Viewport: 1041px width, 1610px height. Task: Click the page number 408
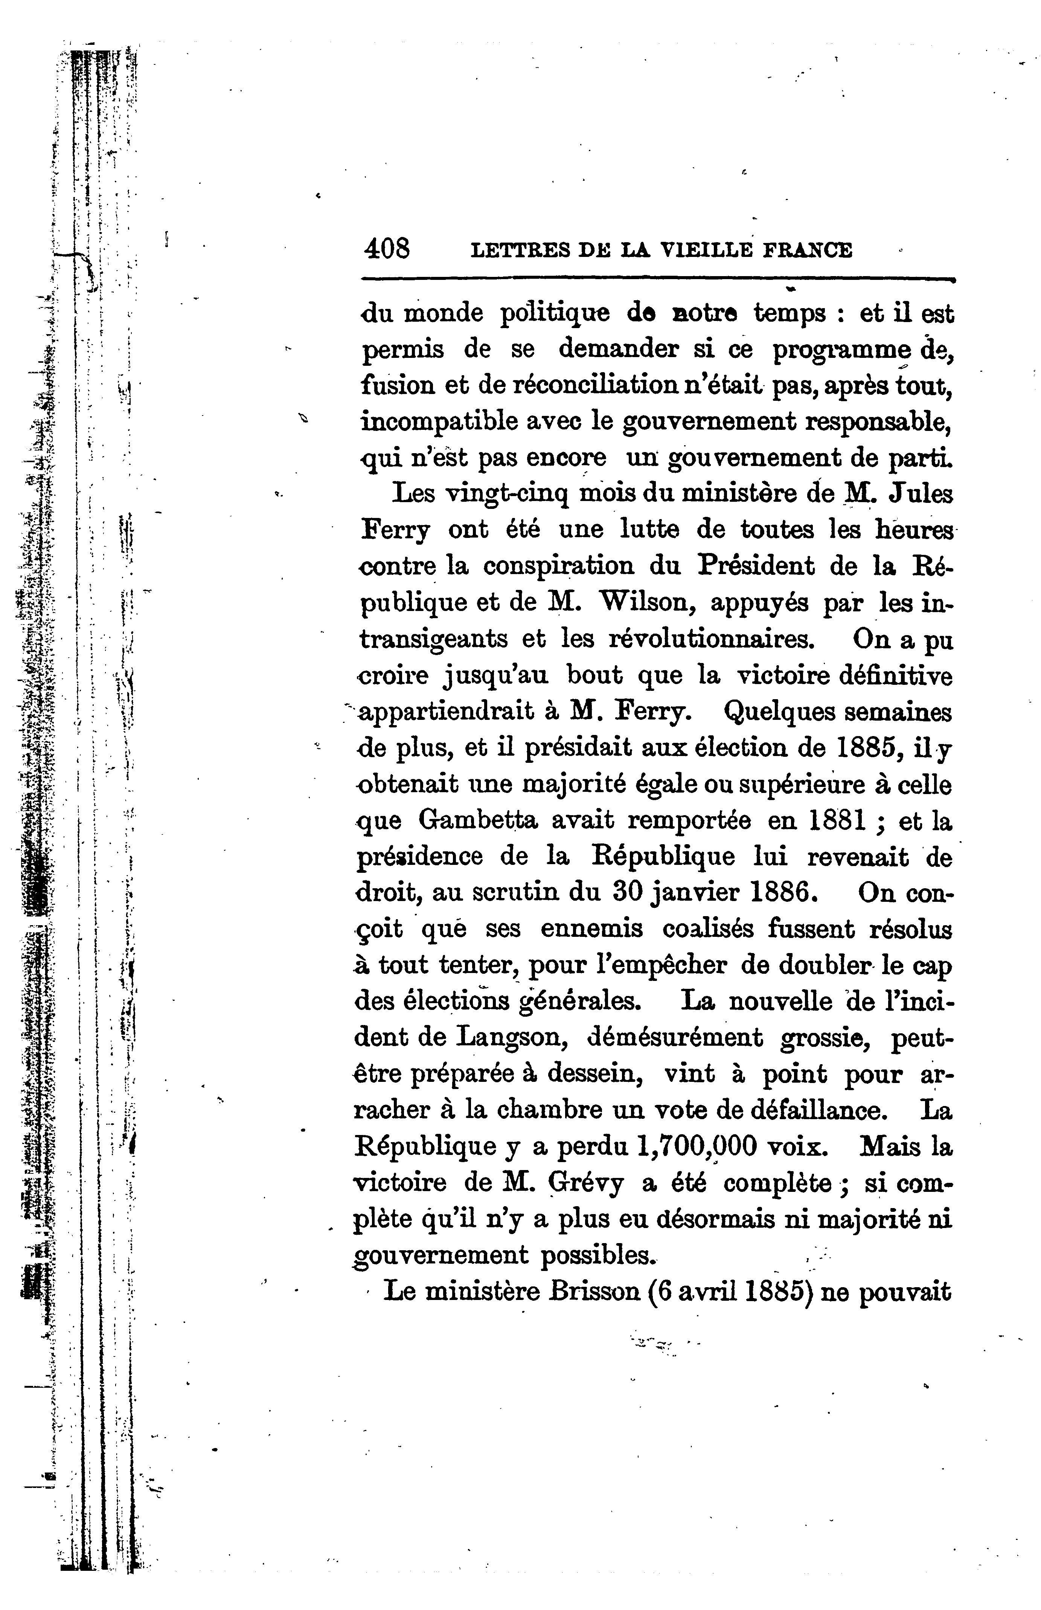click(387, 249)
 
